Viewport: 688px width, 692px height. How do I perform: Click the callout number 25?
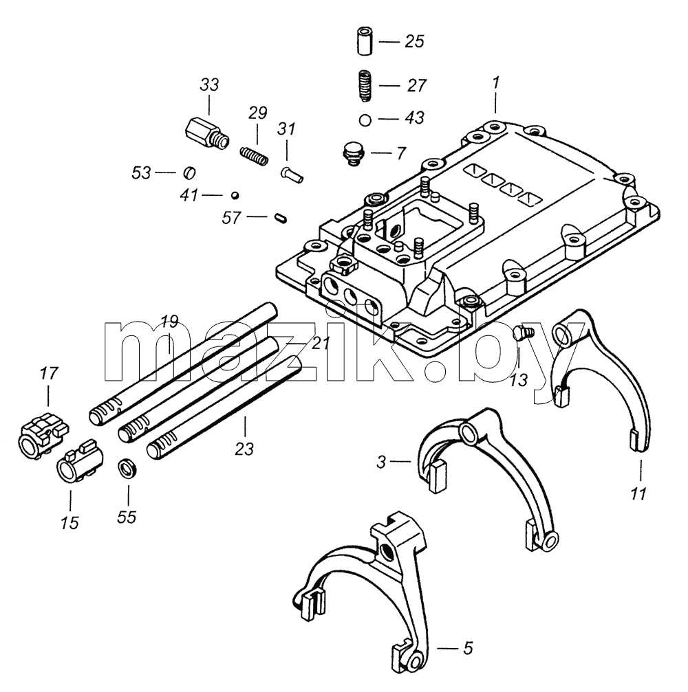pyautogui.click(x=414, y=41)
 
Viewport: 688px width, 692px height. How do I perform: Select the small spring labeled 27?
pyautogui.click(x=365, y=86)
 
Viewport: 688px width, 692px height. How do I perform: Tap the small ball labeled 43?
pyautogui.click(x=365, y=120)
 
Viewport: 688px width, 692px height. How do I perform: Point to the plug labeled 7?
pyautogui.click(x=353, y=153)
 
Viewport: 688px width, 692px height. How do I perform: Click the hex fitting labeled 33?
pyautogui.click(x=207, y=133)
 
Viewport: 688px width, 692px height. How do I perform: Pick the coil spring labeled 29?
pyautogui.click(x=254, y=155)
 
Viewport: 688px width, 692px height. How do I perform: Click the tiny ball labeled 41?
pyautogui.click(x=235, y=195)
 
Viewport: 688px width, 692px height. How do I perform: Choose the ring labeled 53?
pyautogui.click(x=189, y=172)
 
